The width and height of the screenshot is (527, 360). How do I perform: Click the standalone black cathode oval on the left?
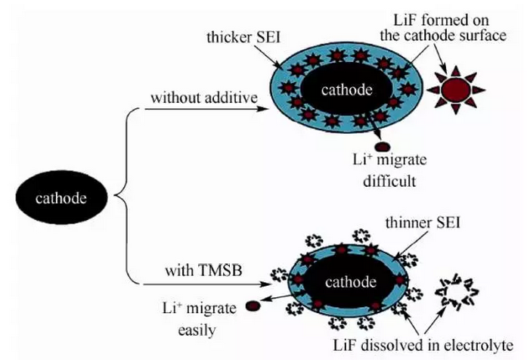(62, 199)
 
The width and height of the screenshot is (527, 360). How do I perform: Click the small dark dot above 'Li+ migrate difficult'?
(383, 147)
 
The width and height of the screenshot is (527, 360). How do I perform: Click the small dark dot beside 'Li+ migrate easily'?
(251, 306)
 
